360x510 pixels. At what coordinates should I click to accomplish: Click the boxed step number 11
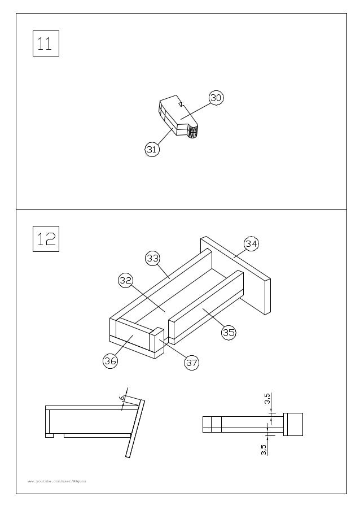coord(45,43)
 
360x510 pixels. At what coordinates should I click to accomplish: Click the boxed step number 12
coord(46,239)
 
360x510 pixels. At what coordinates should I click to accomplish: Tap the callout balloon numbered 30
coord(216,98)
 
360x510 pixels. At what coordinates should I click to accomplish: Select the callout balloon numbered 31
coord(151,150)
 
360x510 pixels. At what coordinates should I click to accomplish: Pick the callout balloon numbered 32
coord(125,280)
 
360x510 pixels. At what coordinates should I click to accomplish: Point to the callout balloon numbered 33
coord(152,259)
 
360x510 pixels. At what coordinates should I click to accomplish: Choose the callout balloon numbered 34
coord(251,244)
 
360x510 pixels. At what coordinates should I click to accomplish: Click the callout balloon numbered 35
coord(228,333)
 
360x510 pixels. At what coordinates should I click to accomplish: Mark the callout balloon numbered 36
coord(110,361)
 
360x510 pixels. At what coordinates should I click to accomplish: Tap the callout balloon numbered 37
coord(192,363)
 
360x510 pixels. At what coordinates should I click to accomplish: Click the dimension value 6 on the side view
coord(122,398)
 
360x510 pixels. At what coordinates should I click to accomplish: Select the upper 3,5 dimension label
coord(267,399)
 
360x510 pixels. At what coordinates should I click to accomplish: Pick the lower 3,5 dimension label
coord(264,450)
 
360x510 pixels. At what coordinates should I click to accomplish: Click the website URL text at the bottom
coord(57,481)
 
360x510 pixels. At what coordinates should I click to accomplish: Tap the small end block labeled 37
coord(156,342)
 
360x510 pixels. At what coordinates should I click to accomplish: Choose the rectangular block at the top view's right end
coord(293,424)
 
